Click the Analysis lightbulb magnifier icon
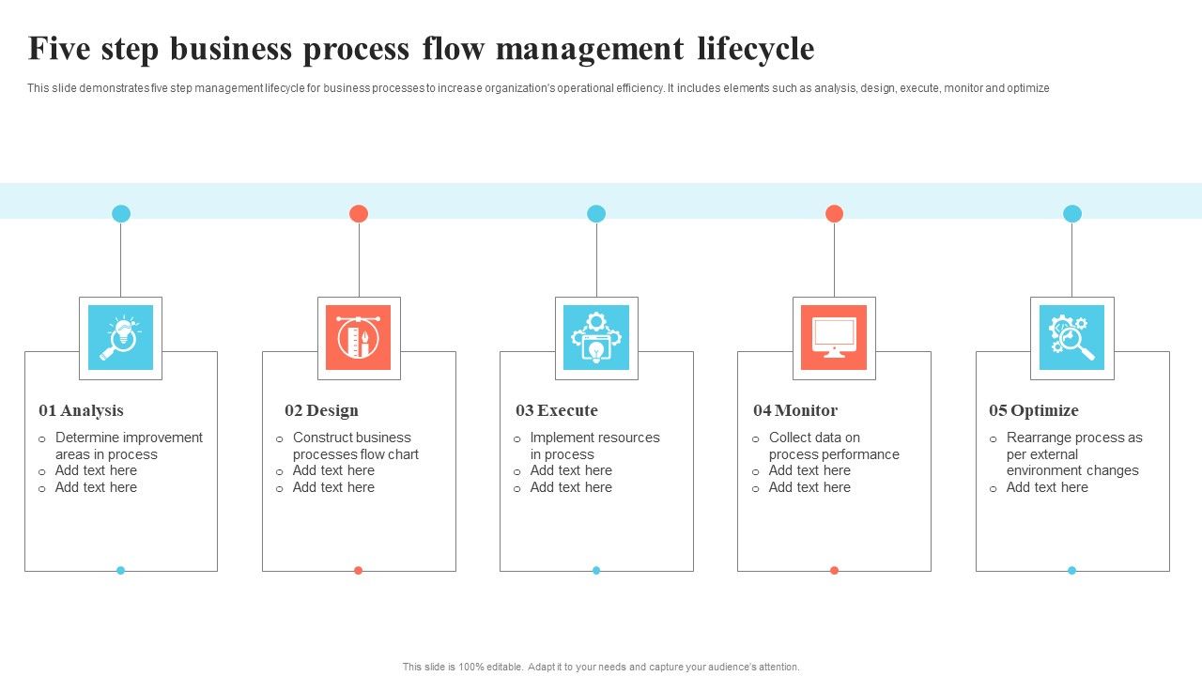point(120,338)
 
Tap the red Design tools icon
point(358,338)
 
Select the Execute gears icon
point(596,338)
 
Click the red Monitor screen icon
point(834,338)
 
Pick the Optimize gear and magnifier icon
point(1071,338)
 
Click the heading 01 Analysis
point(81,410)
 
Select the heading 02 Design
point(321,410)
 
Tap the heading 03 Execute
point(556,410)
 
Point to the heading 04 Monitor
point(794,410)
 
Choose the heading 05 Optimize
point(1033,410)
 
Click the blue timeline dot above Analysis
point(121,213)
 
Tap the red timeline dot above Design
point(359,213)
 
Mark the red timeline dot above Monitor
point(834,213)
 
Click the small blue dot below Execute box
point(596,570)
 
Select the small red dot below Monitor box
point(834,570)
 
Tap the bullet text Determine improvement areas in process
point(129,446)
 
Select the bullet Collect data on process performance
point(833,446)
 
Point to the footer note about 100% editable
point(601,667)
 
